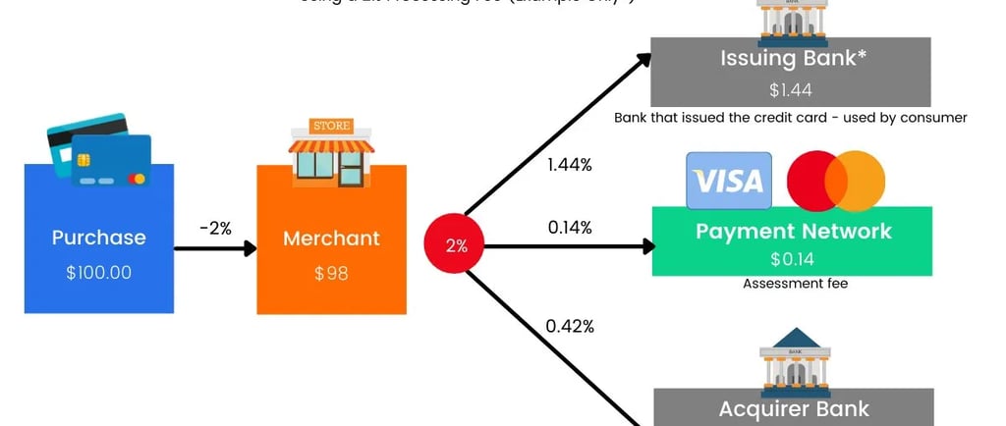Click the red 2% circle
pos(457,245)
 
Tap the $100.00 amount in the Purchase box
pos(98,273)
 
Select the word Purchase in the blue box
pos(98,238)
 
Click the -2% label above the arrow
pos(215,228)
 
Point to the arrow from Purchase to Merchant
pos(215,249)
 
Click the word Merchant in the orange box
pos(331,238)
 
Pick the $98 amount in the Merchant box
pos(331,273)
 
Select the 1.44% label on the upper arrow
pos(570,165)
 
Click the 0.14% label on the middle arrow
pos(570,228)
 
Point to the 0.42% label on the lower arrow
pos(571,326)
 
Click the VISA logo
pos(728,181)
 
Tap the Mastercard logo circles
pos(836,181)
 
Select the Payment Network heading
pos(793,232)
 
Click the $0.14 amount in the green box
pos(793,259)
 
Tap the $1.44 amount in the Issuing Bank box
pos(790,90)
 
